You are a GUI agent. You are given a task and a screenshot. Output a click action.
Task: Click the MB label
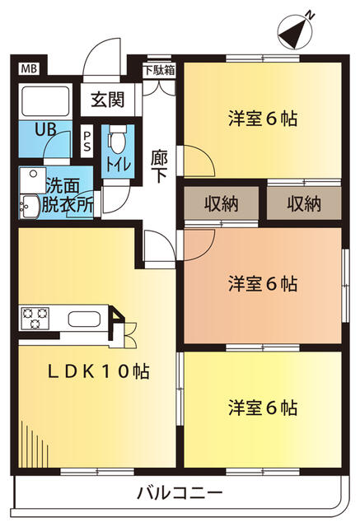tap(29, 68)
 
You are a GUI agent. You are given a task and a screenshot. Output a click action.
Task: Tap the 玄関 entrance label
tap(107, 100)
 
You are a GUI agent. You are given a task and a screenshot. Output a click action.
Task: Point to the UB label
tap(45, 129)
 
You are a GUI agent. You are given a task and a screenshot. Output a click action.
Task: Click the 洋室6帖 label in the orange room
tap(263, 284)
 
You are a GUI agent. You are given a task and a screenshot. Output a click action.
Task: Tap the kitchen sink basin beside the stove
tap(82, 319)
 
